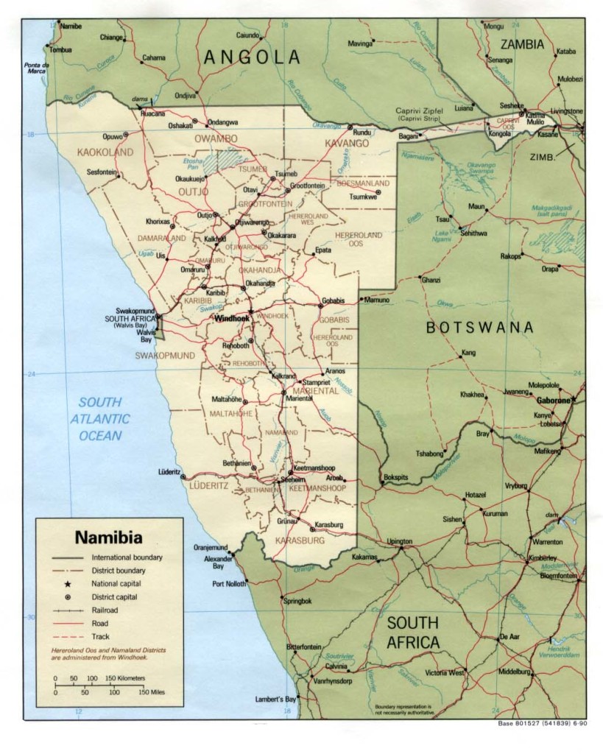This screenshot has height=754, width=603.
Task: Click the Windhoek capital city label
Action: point(230,319)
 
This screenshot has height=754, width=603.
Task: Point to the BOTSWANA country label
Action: point(480,328)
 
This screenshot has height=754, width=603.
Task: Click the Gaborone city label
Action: point(553,400)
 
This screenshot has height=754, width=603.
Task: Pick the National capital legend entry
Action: point(118,583)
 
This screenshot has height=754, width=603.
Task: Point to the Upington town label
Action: point(400,541)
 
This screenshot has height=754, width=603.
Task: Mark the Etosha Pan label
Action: point(192,163)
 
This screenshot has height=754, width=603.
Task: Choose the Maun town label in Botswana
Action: point(476,206)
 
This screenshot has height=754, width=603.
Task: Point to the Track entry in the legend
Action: point(101,636)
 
